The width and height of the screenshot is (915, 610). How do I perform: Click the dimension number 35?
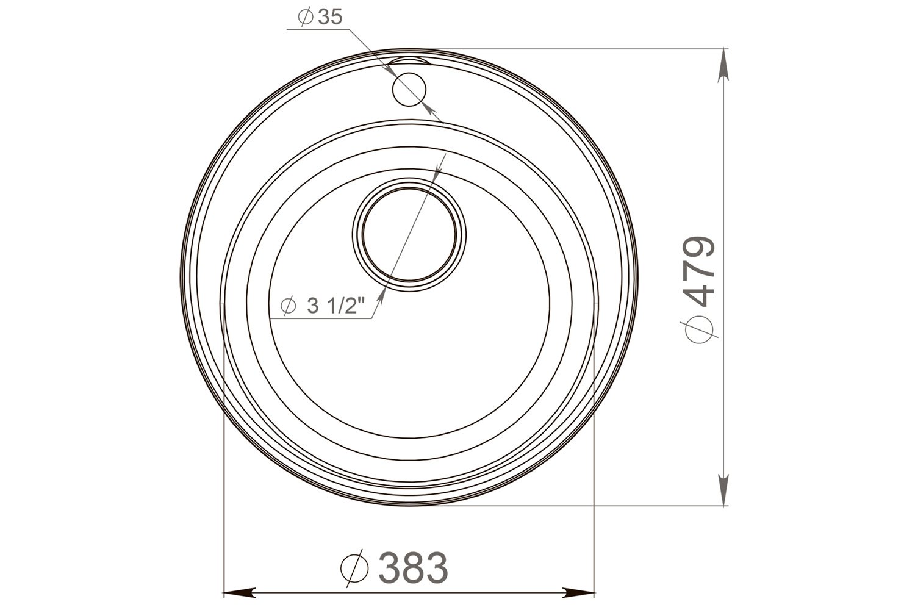[329, 17]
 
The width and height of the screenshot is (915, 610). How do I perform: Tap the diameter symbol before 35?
[306, 17]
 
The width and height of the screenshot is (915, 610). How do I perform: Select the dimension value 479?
[701, 271]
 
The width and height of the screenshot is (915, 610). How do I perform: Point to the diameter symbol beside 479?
[699, 329]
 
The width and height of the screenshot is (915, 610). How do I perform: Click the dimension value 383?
[413, 567]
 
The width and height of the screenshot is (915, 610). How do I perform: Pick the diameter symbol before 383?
[354, 567]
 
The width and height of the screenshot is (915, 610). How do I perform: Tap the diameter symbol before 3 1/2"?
[289, 306]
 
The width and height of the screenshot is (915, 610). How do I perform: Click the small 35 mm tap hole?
[409, 90]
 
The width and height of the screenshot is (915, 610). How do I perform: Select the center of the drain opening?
[409, 235]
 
